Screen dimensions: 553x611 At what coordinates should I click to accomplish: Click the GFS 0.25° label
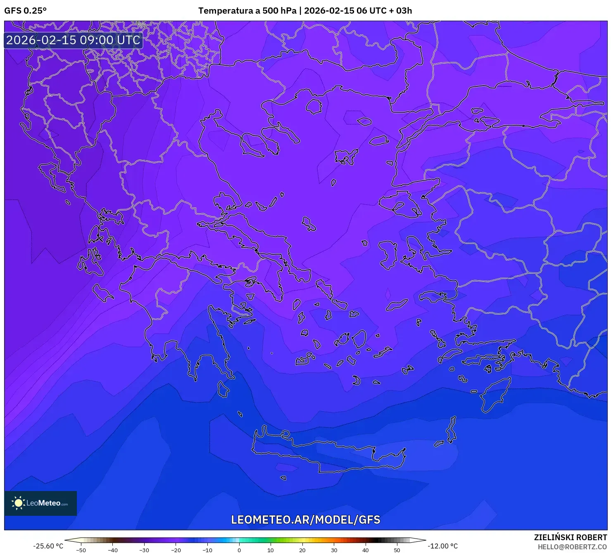25,11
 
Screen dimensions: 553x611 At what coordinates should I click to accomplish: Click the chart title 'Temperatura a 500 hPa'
247,11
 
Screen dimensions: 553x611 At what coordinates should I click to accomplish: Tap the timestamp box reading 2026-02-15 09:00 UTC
73,40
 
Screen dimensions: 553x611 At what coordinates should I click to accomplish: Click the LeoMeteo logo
40,503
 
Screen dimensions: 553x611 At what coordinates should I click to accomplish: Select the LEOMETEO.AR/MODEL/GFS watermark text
305,520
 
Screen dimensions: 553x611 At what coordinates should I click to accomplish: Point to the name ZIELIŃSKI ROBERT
570,537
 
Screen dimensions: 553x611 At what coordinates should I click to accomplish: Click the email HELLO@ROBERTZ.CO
572,547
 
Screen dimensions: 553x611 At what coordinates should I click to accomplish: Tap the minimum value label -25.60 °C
48,546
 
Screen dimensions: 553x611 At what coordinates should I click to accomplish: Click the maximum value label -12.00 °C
442,546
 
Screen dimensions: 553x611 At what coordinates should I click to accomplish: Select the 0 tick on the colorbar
239,550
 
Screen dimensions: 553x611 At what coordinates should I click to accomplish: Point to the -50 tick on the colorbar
81,550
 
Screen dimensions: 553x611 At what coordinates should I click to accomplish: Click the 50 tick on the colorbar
397,550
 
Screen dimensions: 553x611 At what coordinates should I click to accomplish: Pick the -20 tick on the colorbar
176,550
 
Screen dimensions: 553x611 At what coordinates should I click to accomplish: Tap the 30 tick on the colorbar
334,550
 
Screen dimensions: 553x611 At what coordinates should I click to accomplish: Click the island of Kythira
223,389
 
